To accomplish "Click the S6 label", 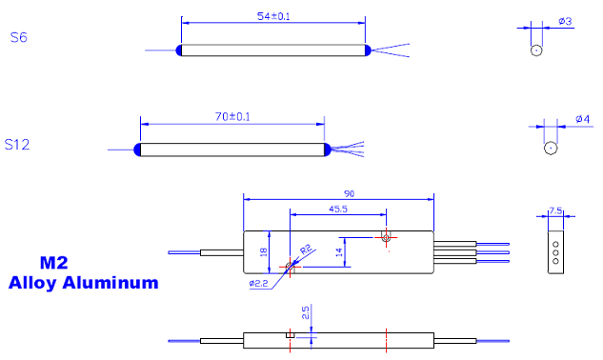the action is [x=18, y=37].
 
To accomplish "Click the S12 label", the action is [x=17, y=145].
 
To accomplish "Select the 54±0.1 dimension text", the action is [x=273, y=16].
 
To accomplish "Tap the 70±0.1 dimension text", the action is [x=232, y=116].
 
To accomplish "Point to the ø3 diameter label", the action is [x=565, y=21].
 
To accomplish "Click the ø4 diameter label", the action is [x=583, y=119].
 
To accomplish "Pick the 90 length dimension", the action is [x=349, y=193].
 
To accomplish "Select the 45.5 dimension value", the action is [x=338, y=209].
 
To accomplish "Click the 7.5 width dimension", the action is [x=555, y=210].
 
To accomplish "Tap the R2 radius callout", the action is [x=306, y=250].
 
